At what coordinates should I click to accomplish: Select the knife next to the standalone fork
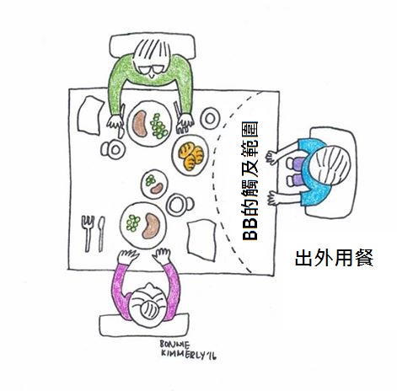pos(101,233)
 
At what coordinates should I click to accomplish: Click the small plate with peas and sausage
pos(154,184)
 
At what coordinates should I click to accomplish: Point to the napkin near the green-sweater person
pos(90,115)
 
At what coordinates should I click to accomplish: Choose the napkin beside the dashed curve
pos(201,239)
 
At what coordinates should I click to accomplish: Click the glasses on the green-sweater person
pos(152,69)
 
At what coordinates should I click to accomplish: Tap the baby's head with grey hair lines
pos(334,165)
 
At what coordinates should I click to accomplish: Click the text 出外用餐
pos(334,258)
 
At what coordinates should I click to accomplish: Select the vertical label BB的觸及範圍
pos(250,181)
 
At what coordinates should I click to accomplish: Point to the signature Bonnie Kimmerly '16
pos(188,350)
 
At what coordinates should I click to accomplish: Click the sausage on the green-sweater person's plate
pos(140,124)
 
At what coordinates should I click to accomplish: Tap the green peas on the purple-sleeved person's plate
pos(133,222)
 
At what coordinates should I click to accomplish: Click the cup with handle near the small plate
pos(180,205)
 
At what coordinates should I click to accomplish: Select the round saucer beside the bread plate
pos(210,119)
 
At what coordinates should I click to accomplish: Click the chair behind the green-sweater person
pos(153,46)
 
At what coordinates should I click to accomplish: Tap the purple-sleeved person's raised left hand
pos(128,256)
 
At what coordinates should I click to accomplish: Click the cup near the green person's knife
pos(113,150)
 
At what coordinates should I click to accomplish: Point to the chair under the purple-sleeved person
pos(144,326)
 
